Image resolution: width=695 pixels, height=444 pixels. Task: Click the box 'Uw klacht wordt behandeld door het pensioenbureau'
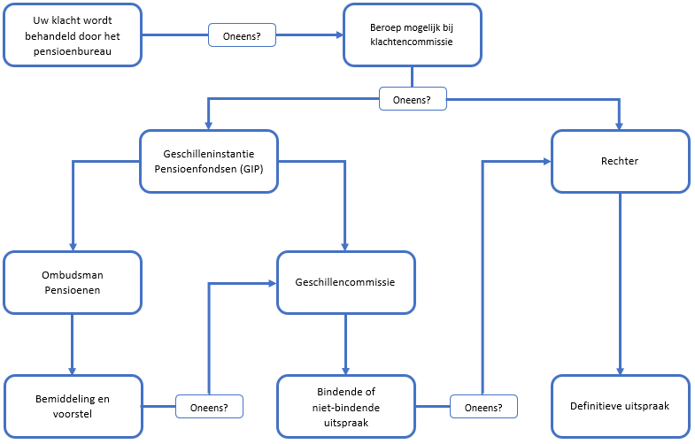tap(73, 35)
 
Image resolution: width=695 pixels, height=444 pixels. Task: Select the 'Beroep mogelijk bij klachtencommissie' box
tap(412, 35)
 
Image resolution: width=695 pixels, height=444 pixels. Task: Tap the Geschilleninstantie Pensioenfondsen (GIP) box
tap(209, 161)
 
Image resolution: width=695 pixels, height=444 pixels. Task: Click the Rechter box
tap(620, 161)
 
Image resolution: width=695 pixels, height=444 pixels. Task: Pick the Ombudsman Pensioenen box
tap(73, 282)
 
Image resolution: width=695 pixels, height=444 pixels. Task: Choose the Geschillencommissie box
tap(344, 282)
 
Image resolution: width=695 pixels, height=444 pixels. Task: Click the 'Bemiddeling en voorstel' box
tap(73, 406)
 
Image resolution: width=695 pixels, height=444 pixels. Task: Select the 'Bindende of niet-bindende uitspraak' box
tap(346, 406)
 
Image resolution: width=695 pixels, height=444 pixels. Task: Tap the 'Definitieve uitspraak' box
tap(620, 406)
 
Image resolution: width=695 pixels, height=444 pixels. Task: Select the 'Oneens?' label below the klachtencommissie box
tap(413, 99)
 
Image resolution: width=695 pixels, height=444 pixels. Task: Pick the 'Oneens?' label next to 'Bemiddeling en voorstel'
tap(209, 408)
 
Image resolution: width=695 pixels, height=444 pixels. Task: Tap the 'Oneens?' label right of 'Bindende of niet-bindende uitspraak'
tap(483, 408)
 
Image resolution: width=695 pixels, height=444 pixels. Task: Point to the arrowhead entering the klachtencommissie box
tap(338, 36)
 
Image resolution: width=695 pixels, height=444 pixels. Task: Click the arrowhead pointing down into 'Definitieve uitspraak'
tap(620, 370)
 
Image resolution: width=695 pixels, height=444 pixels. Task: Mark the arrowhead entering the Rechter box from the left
tap(546, 161)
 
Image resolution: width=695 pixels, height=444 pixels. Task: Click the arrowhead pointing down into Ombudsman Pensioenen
tap(73, 247)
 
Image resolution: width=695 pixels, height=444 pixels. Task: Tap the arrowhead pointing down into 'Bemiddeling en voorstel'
tap(73, 370)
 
